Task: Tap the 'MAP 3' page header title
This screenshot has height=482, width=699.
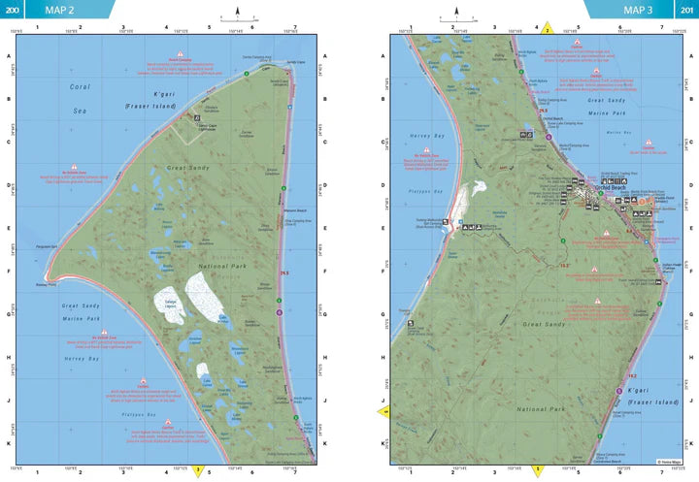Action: tap(638, 11)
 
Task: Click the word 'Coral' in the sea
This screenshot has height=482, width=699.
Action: tap(80, 86)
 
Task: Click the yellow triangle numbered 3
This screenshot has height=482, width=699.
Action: tap(198, 470)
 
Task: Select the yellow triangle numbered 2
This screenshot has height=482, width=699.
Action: tap(547, 29)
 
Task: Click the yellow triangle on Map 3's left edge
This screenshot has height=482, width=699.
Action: tap(384, 411)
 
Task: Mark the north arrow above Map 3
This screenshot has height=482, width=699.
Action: tap(455, 13)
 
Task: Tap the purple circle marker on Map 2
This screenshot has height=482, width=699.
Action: tap(279, 311)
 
